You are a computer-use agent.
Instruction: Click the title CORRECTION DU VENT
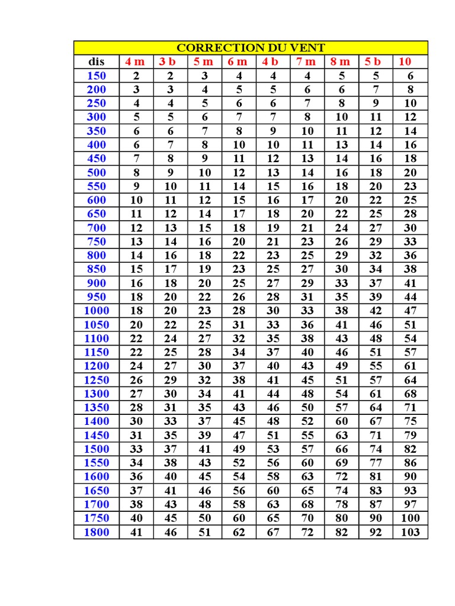(x=251, y=48)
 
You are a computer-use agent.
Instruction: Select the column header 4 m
(x=135, y=62)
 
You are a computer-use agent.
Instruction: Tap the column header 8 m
(x=341, y=62)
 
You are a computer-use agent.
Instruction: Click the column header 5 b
(x=374, y=62)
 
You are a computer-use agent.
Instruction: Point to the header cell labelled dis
(x=96, y=62)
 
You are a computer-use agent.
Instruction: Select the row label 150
(x=97, y=76)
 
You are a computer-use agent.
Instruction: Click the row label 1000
(x=97, y=311)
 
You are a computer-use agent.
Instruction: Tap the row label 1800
(x=97, y=532)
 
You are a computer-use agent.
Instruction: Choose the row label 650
(x=97, y=214)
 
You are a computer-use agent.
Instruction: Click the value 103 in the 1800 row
(x=410, y=532)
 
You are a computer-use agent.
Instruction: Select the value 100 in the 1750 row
(x=410, y=518)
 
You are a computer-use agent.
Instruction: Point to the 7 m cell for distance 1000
(x=307, y=311)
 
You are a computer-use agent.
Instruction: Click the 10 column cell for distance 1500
(x=410, y=449)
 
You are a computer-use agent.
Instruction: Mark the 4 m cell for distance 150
(x=136, y=76)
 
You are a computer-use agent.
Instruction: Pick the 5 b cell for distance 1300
(x=376, y=394)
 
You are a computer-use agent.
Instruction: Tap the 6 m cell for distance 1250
(x=239, y=380)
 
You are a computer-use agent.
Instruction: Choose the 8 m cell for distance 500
(x=342, y=172)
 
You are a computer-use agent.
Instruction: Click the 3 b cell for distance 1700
(x=171, y=504)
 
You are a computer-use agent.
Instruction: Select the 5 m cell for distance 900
(x=204, y=283)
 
